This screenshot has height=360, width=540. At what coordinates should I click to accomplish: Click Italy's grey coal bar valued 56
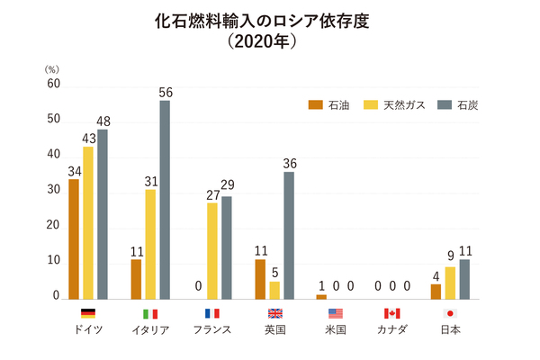165,199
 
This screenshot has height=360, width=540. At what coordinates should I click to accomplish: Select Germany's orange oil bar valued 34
74,238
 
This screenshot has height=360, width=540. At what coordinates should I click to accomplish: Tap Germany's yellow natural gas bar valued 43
88,222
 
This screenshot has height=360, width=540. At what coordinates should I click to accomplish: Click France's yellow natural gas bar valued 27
212,250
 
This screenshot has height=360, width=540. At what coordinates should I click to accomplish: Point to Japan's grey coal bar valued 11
464,279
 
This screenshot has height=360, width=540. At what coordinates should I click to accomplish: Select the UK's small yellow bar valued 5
274,290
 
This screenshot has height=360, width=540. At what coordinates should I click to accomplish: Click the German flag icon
87,313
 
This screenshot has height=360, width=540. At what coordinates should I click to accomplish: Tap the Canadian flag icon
391,313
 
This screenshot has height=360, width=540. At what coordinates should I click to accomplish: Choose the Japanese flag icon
450,313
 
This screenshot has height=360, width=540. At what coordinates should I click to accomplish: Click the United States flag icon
336,313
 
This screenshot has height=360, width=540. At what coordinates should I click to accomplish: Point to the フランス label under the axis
212,330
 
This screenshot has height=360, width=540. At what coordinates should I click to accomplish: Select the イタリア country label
150,330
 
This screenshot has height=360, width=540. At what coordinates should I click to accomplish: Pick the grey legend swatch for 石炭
442,105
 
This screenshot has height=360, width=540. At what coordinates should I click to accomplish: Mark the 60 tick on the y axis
53,84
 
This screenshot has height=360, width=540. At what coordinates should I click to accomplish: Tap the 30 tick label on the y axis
53,190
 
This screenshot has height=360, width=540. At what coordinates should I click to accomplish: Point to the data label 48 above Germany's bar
103,121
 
